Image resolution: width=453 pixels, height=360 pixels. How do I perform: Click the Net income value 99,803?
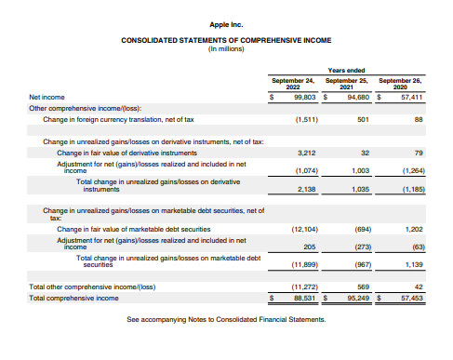pyautogui.click(x=303, y=96)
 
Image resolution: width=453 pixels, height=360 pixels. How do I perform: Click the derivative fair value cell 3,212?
pyautogui.click(x=307, y=152)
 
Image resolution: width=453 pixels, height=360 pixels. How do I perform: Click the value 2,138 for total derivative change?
pyautogui.click(x=307, y=189)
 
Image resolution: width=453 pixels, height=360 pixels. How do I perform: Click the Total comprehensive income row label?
pyautogui.click(x=73, y=298)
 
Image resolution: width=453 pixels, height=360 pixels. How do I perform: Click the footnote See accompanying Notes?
pyautogui.click(x=227, y=320)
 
